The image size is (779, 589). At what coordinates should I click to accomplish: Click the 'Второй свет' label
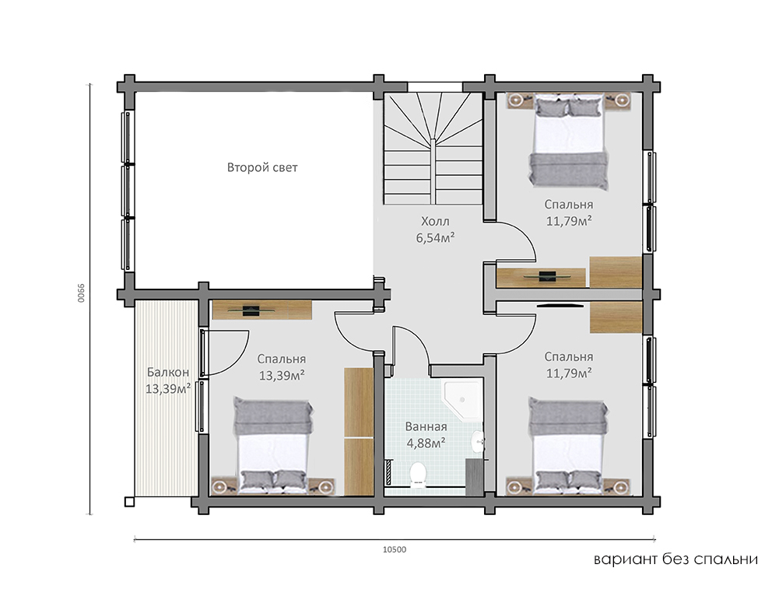coord(262,167)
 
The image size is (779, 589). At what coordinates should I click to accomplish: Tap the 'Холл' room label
coord(435,221)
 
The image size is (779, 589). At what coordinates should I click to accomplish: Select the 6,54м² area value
coord(436,238)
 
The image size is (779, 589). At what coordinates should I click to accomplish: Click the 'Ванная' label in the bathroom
coord(426,426)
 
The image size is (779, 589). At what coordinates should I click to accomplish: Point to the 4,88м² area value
coord(426,443)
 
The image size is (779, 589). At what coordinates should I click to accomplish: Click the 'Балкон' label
coord(168,372)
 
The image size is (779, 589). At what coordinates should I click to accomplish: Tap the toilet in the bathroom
coord(418,475)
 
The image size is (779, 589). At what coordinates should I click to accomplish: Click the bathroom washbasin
coord(477,441)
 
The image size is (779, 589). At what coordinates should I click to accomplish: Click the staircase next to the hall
coord(433,148)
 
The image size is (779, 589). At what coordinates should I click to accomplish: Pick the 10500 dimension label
coord(395,549)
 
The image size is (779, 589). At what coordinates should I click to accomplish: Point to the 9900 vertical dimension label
coord(81,293)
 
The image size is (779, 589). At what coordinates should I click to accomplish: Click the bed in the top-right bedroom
coord(569,142)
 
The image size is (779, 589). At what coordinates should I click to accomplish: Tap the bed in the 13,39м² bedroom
coord(274,445)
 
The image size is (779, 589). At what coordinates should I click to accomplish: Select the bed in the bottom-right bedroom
coord(569,445)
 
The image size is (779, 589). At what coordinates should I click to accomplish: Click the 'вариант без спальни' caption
coord(675,559)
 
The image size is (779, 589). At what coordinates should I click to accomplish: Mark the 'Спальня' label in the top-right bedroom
coord(569,204)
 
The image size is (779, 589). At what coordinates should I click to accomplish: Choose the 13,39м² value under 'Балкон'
coord(168,388)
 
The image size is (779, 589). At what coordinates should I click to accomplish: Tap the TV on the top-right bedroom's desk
coord(546,276)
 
